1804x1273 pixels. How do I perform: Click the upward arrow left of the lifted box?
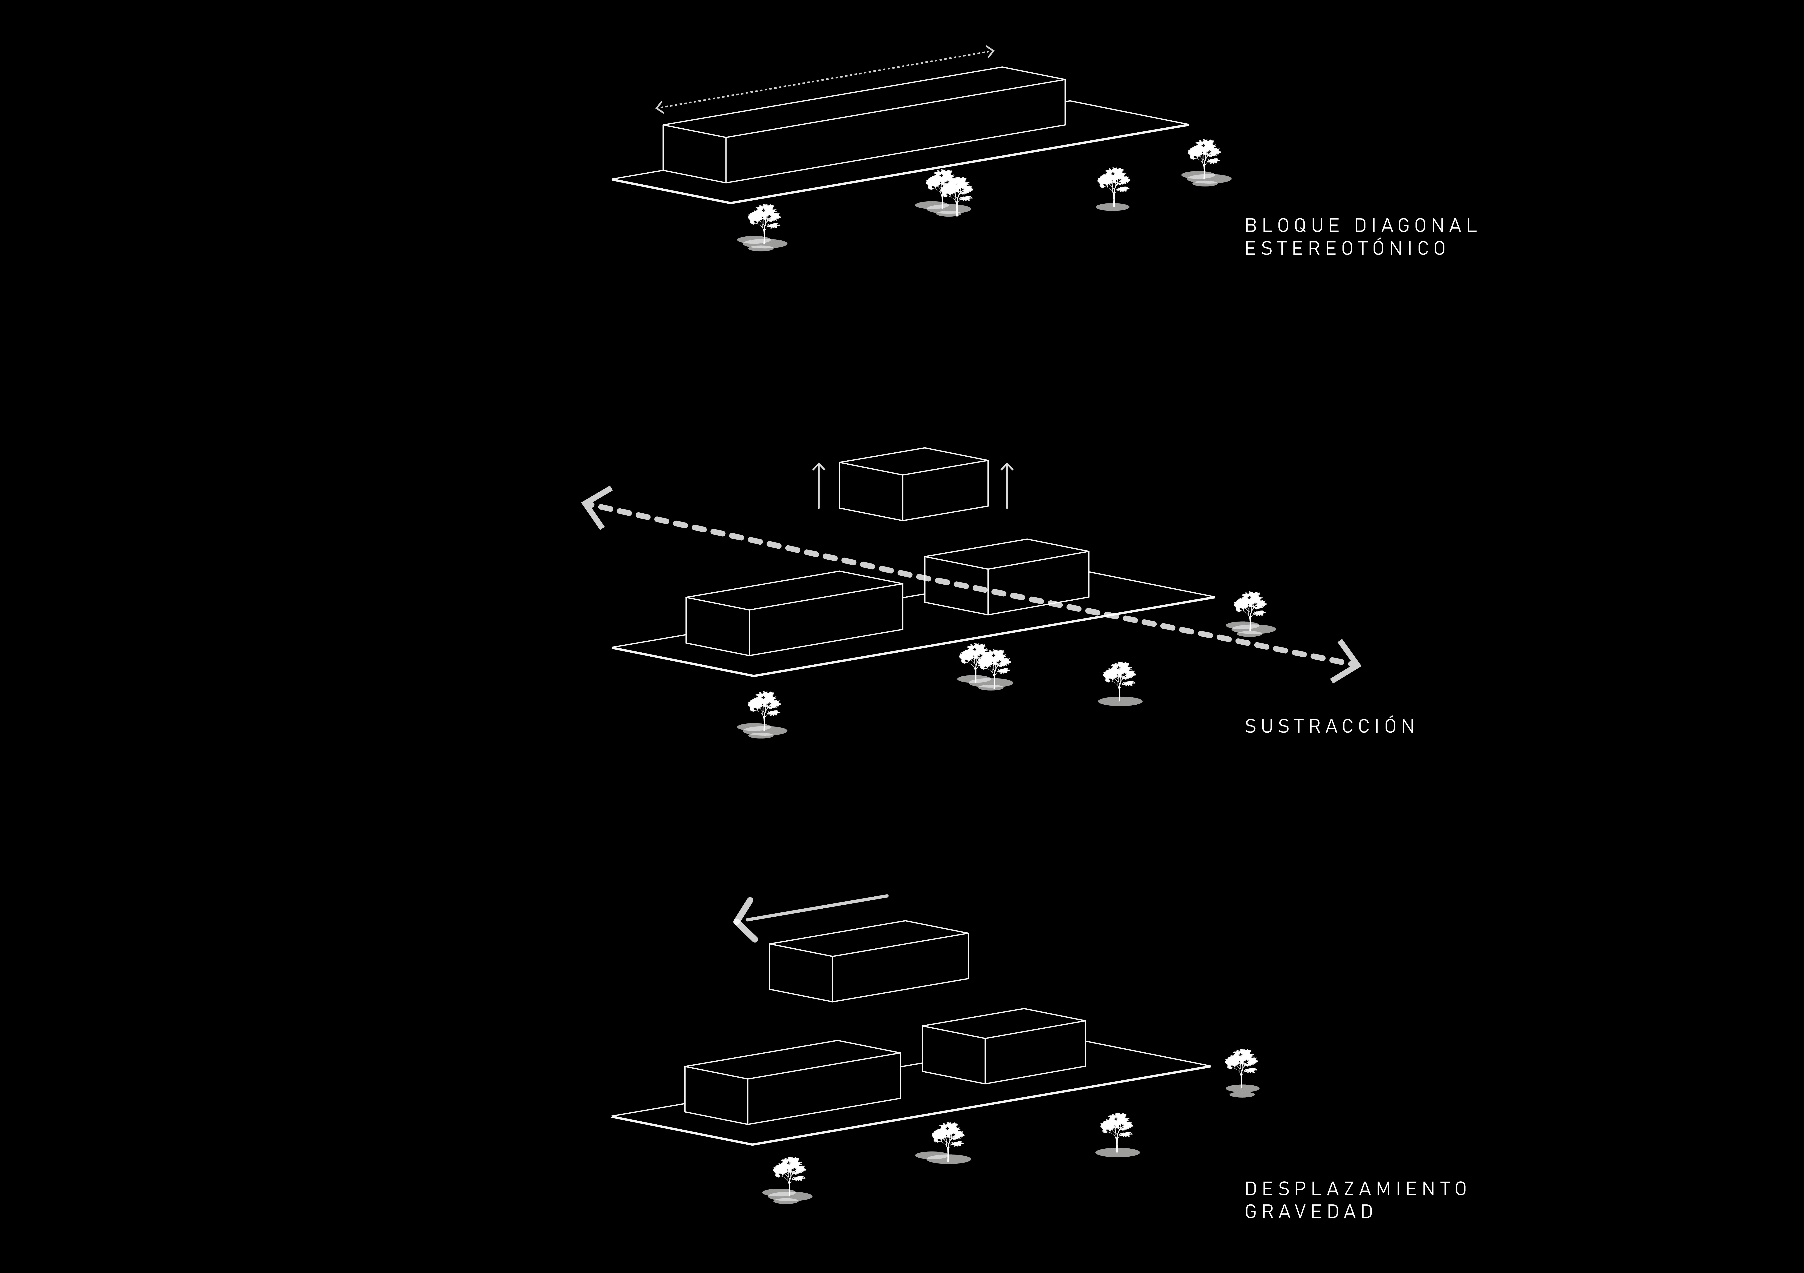[819, 485]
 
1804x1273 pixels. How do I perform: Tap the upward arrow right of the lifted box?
[1007, 485]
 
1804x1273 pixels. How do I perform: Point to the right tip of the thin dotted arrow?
[992, 52]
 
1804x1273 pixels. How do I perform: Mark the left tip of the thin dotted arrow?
[659, 107]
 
